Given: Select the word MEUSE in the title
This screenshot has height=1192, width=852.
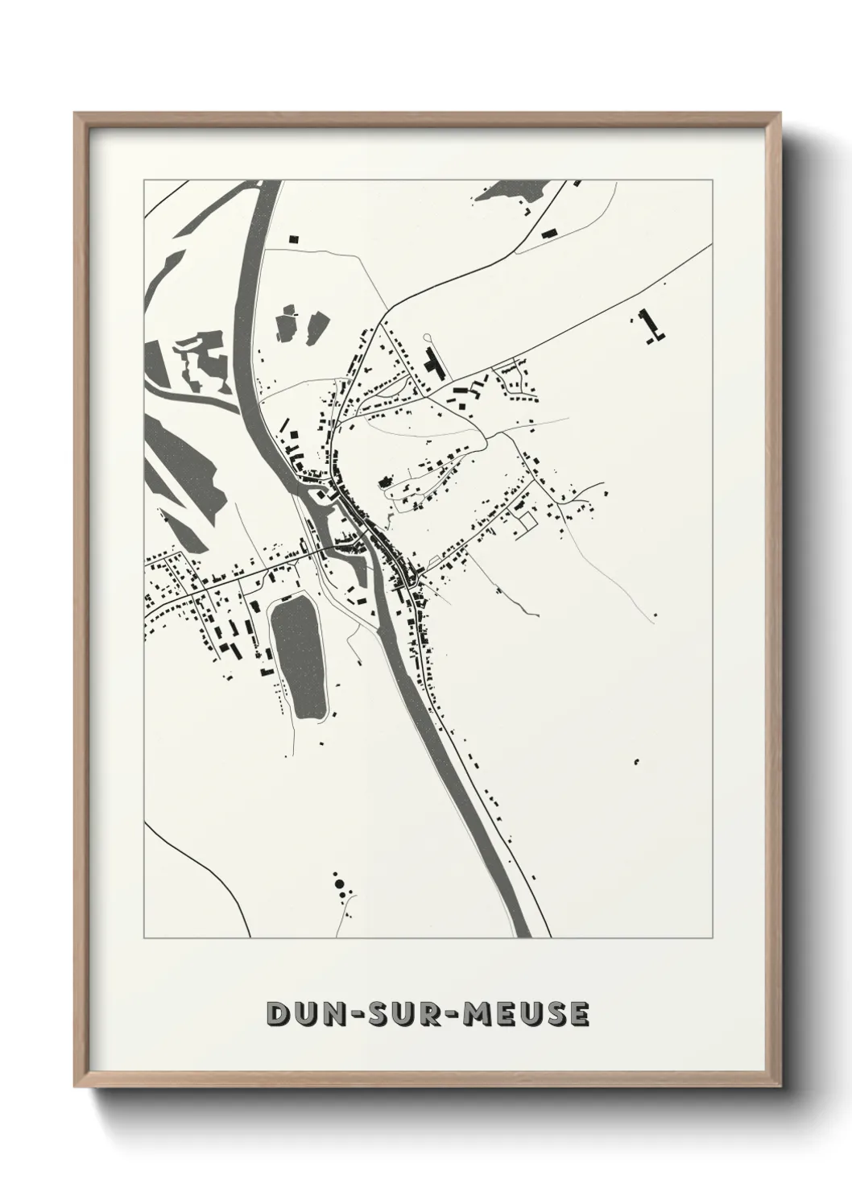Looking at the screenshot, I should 524,1014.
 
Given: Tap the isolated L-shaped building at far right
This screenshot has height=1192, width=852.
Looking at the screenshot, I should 651,325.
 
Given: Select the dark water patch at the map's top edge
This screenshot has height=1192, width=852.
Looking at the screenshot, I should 515,191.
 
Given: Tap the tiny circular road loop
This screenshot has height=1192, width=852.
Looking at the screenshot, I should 427,337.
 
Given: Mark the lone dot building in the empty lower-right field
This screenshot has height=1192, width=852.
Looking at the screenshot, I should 636,760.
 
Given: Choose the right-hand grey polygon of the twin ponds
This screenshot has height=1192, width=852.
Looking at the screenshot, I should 312,324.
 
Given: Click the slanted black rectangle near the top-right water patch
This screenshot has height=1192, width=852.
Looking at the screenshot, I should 550,234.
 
